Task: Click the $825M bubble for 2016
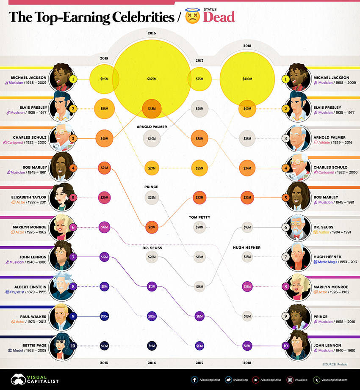click(152, 79)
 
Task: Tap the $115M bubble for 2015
click(104, 79)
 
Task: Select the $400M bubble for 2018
click(247, 79)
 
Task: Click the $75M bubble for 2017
click(199, 79)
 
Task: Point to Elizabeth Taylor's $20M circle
click(104, 198)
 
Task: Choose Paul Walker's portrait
click(61, 316)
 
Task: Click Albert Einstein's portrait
click(61, 286)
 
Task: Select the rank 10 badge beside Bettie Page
click(74, 345)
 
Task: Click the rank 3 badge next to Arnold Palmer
click(285, 138)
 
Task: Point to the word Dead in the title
click(219, 17)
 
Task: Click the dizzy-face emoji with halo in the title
click(192, 16)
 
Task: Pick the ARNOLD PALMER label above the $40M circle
click(152, 126)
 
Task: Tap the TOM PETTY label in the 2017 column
click(199, 217)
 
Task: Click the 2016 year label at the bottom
click(152, 363)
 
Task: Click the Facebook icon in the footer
click(194, 380)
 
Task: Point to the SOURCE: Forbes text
click(335, 363)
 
